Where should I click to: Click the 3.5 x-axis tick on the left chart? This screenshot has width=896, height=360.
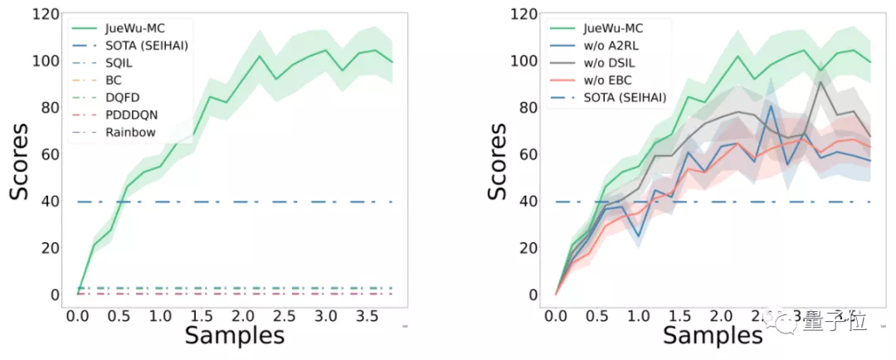[366, 316]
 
